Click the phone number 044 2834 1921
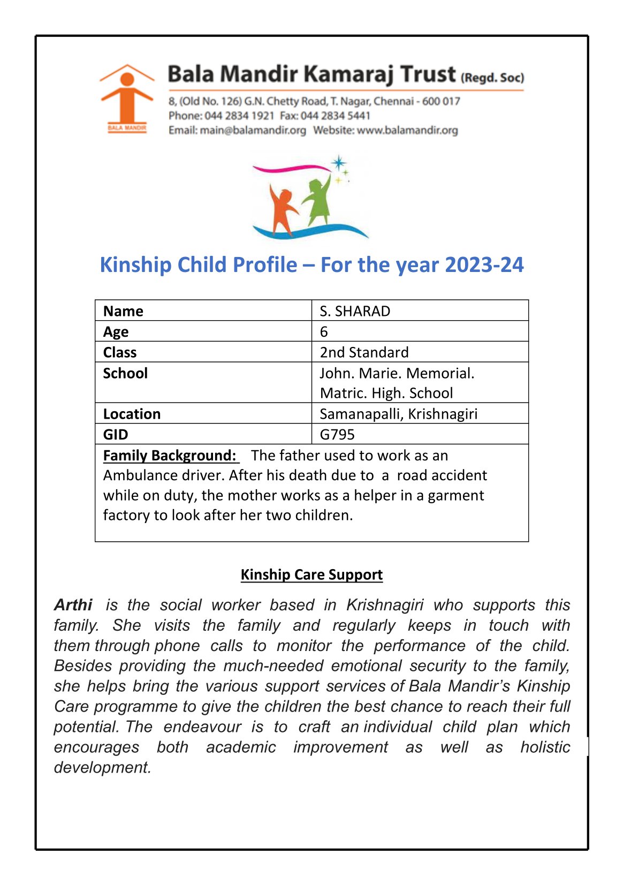[x=239, y=116]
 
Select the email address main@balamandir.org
[x=253, y=130]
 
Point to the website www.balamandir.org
[x=407, y=130]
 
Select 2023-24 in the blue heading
[x=484, y=264]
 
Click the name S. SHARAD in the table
[x=355, y=311]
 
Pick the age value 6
[x=324, y=332]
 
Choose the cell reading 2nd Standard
[x=364, y=352]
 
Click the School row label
[x=125, y=373]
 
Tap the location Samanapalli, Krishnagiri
[x=398, y=414]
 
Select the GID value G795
[x=337, y=434]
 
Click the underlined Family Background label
[x=170, y=455]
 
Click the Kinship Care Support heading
[x=311, y=574]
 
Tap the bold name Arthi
[x=73, y=605]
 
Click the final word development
[x=102, y=767]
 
